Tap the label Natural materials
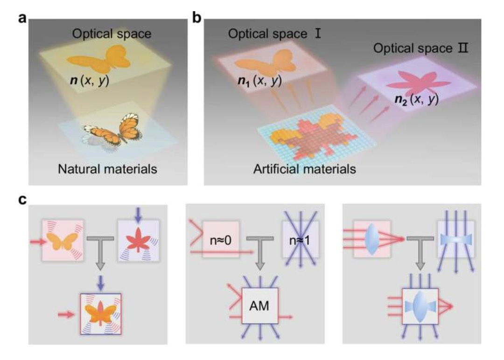pyautogui.click(x=107, y=169)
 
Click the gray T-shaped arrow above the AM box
pyautogui.click(x=260, y=249)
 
